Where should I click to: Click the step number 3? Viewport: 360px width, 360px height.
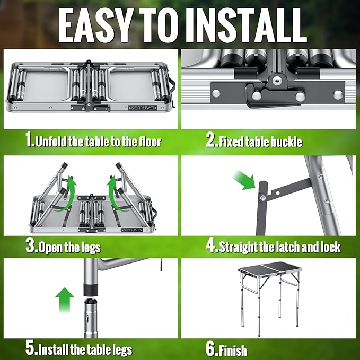tap(29, 247)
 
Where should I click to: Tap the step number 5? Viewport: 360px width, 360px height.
tap(30, 349)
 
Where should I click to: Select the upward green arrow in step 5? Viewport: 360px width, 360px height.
tap(65, 300)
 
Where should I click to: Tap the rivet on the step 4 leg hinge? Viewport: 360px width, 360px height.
tap(261, 198)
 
